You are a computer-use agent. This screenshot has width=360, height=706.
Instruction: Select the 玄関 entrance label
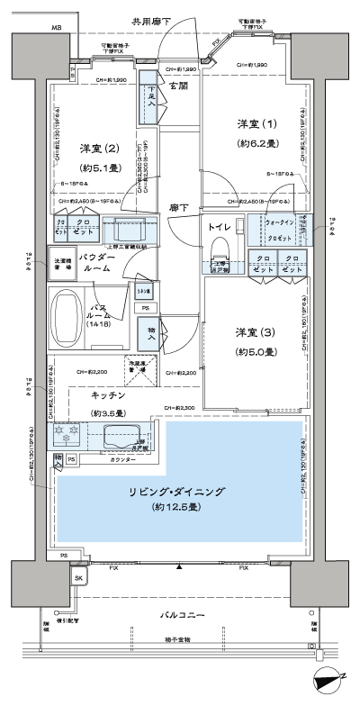point(179,87)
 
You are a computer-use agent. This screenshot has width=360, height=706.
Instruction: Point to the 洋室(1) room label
point(254,123)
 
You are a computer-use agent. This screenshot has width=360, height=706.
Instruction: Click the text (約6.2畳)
point(254,142)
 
